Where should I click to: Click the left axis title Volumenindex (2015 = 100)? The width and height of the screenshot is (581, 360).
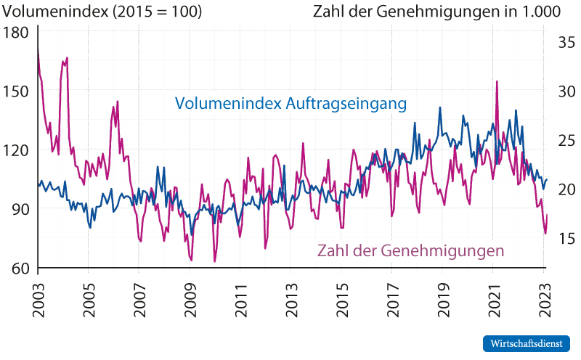point(102,12)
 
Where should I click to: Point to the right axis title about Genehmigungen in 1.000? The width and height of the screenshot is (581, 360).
point(436,12)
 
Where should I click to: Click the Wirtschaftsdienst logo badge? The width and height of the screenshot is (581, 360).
point(527,343)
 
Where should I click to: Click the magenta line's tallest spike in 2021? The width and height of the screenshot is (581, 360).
point(497,82)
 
